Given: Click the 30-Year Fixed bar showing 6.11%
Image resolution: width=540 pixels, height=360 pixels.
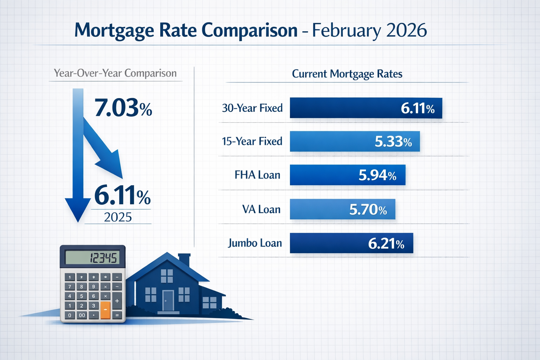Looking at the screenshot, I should (x=366, y=108).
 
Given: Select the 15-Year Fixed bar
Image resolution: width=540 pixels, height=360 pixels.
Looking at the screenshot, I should (x=354, y=141).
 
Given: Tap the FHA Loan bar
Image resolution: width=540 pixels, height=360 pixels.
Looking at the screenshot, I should (x=347, y=175).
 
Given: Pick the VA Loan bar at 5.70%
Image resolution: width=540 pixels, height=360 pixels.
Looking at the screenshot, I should (x=342, y=209).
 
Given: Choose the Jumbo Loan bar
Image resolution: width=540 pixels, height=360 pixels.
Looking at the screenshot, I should (x=351, y=243).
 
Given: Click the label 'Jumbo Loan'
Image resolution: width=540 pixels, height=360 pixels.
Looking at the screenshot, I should (x=255, y=243).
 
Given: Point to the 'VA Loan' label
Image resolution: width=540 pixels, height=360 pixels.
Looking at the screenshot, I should (x=261, y=210).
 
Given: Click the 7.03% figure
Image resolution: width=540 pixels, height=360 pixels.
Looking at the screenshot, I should (x=123, y=108).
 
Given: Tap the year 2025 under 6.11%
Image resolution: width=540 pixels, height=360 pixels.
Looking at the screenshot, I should (x=118, y=217).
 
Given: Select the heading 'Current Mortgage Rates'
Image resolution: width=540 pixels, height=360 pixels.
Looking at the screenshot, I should (x=347, y=74).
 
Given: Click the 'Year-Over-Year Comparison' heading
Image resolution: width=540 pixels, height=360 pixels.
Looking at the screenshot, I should (x=115, y=73).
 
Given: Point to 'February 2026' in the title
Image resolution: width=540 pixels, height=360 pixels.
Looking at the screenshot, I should (x=369, y=30).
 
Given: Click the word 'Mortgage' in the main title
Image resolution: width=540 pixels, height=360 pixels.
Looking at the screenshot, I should (x=114, y=30).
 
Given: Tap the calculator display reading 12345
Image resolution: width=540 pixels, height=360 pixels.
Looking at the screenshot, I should (x=92, y=258).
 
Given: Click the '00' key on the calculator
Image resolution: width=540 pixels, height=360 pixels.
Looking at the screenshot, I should (x=82, y=315).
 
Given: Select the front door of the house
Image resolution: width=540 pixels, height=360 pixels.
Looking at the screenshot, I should (x=168, y=301).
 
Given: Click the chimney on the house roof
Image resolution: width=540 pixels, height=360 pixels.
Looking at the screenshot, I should (x=184, y=259).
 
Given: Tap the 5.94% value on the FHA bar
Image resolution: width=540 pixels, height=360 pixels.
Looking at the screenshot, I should (x=377, y=175).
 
